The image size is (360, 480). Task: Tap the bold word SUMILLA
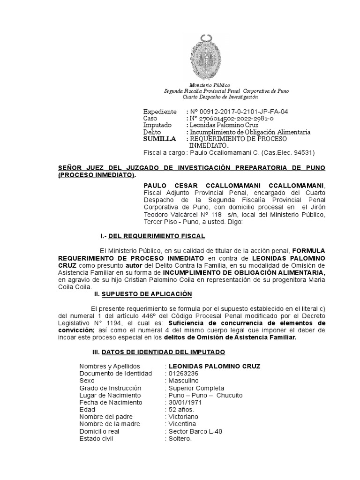tap(159, 139)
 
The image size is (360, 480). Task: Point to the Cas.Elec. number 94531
tap(302, 153)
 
